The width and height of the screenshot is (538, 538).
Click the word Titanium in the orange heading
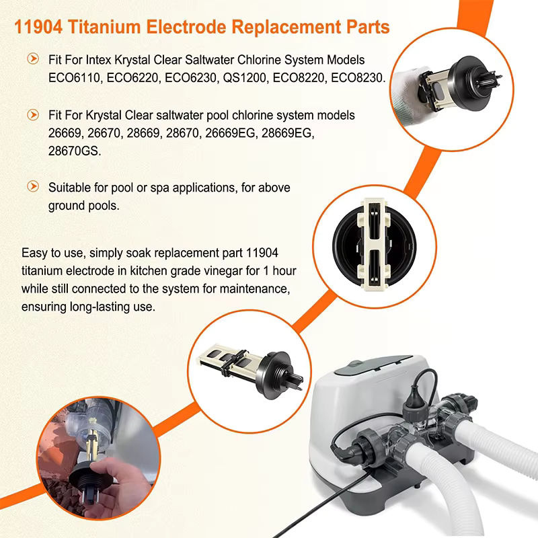click(104, 27)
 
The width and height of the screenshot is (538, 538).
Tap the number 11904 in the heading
click(38, 27)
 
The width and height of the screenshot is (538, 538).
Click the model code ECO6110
click(74, 78)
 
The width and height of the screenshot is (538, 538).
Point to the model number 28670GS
click(75, 151)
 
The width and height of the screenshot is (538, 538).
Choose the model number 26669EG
click(230, 132)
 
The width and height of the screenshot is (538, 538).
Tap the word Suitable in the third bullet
click(70, 188)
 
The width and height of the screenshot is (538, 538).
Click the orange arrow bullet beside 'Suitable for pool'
click(33, 186)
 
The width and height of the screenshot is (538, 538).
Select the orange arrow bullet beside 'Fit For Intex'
click(33, 59)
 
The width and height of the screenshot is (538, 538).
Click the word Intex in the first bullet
click(98, 60)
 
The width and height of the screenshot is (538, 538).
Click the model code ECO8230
click(358, 78)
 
